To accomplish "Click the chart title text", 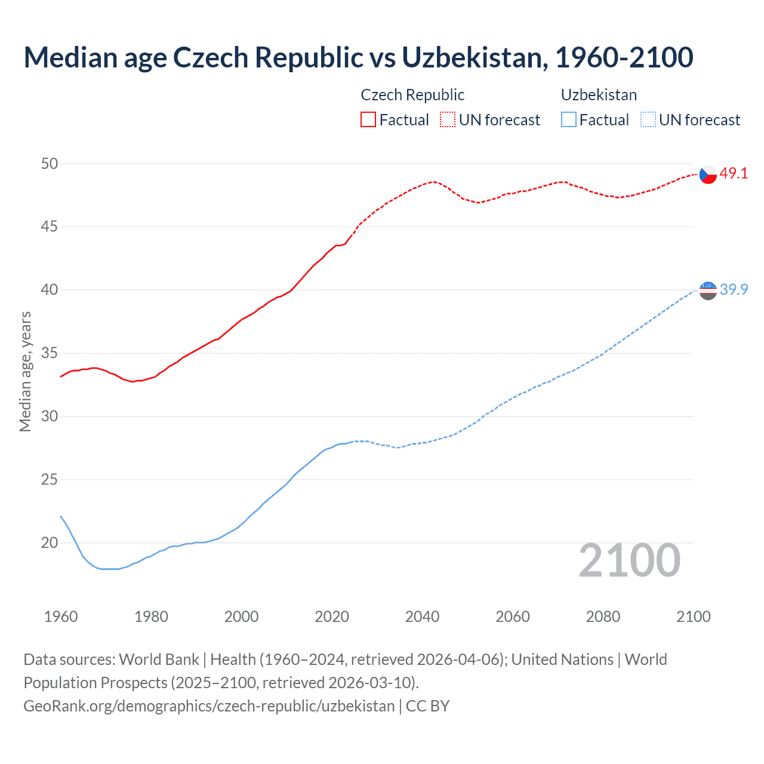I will [358, 57].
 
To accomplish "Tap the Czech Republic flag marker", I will [708, 174].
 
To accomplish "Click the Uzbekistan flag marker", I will [708, 290].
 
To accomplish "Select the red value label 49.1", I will [734, 174].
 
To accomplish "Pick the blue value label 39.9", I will [734, 289].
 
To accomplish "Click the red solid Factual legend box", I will [368, 119].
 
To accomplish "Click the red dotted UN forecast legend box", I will [448, 119].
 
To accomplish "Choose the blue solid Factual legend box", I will [569, 119].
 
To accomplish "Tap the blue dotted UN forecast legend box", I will [648, 119].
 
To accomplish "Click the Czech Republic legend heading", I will [412, 95].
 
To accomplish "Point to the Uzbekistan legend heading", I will [599, 95].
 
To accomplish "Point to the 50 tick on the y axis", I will [50, 164].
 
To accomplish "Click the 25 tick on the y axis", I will [50, 479].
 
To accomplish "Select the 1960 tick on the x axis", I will [61, 617].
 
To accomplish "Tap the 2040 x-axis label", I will [422, 617].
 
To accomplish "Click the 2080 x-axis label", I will [603, 617].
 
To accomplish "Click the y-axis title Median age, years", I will [25, 371].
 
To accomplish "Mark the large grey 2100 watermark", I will [629, 560].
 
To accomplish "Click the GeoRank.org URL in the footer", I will [209, 706].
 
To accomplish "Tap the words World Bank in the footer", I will [159, 660].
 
